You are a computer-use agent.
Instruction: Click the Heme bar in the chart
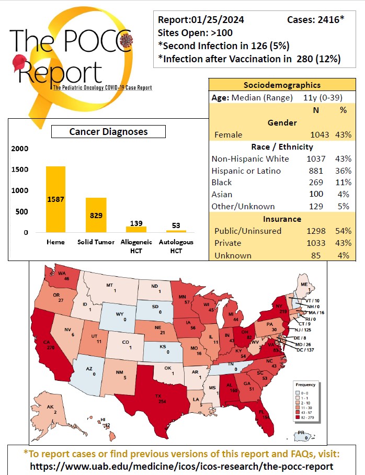pos(55,199)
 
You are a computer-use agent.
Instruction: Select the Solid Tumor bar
pos(96,215)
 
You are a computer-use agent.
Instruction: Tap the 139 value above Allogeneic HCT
pos(136,223)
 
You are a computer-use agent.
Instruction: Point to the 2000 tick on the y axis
pos(20,149)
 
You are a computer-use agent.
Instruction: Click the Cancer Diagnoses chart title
pos(108,132)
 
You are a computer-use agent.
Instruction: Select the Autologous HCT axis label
pos(176,245)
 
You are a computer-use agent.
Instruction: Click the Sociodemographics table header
pos(282,85)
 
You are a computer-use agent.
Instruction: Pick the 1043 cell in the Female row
pos(319,135)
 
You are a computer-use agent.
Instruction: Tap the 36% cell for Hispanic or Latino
pos(343,171)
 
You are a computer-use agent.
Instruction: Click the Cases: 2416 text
pos(315,20)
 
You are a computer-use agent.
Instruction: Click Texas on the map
pos(157,398)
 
